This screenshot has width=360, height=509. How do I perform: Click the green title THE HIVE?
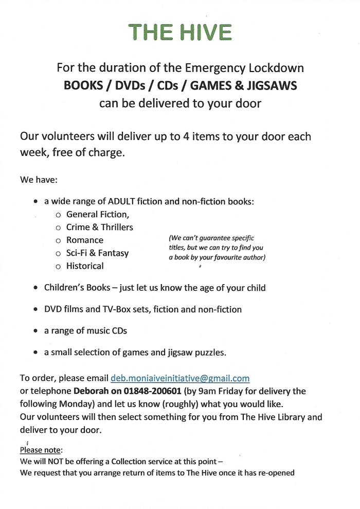pos(180,32)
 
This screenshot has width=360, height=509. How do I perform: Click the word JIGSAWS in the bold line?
pos(273,85)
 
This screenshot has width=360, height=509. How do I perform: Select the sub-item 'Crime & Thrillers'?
pos(99,227)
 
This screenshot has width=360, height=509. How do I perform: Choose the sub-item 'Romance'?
pos(85,240)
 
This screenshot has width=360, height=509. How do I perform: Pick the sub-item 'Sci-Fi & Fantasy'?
pos(98,253)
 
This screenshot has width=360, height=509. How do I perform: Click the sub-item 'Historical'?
pos(85,266)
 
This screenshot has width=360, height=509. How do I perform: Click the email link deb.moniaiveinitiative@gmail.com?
pos(180,378)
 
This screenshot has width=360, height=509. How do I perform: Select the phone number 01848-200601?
pos(154,391)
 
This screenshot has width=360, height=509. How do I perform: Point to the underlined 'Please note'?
pos(41,450)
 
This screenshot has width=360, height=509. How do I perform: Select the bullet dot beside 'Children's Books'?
pos(34,288)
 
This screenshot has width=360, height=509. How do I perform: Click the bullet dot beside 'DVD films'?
pos(34,309)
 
